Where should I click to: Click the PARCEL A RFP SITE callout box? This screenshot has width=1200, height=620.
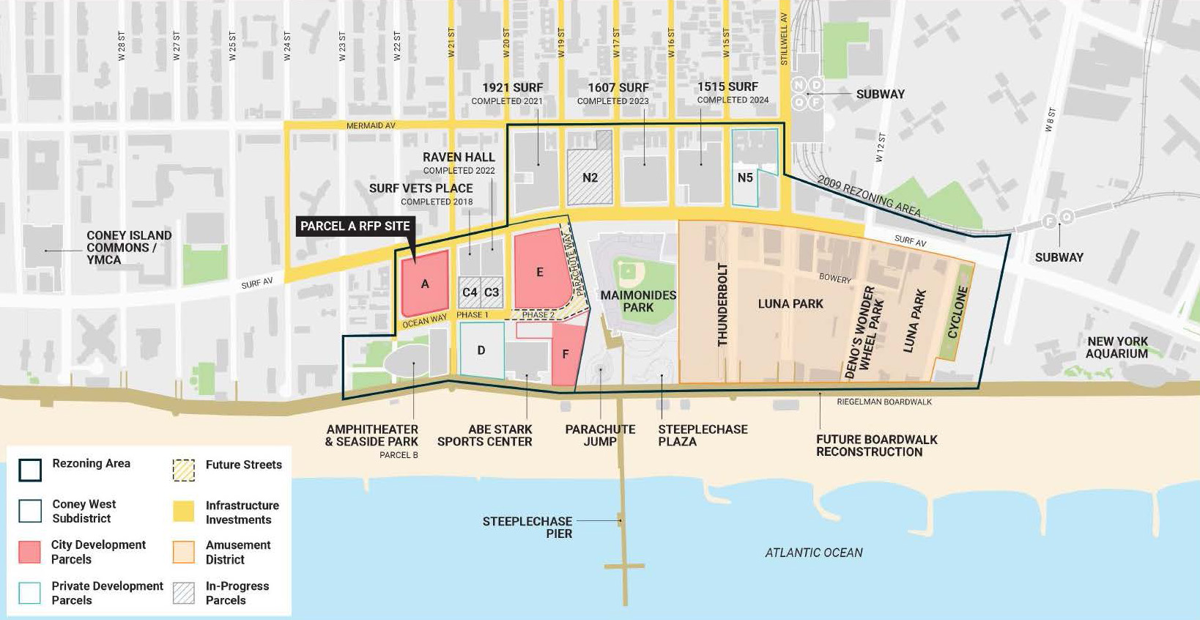(x=355, y=226)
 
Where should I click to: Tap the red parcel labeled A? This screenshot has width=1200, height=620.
(x=425, y=284)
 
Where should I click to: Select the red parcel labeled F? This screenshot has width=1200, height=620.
(x=566, y=355)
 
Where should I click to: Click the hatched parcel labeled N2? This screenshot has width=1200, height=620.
(x=590, y=177)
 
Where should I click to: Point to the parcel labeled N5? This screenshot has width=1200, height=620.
(x=745, y=178)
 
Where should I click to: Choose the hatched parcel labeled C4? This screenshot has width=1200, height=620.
(x=470, y=292)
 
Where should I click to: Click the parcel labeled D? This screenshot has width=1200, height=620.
(x=481, y=350)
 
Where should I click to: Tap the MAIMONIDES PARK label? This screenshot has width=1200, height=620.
(x=638, y=301)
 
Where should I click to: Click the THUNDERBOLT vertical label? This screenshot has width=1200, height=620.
(x=722, y=304)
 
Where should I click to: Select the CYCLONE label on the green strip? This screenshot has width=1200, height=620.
(x=958, y=312)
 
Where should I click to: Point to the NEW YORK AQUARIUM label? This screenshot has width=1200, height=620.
(x=1117, y=347)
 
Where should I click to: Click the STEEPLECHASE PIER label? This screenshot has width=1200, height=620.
(x=527, y=527)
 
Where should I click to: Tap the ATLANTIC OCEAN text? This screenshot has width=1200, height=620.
(x=813, y=553)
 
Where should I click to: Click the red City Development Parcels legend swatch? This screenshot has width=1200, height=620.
(x=29, y=552)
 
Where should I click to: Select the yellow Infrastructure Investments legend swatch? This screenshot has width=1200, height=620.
(x=184, y=512)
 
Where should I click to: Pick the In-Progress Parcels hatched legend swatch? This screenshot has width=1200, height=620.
(x=184, y=592)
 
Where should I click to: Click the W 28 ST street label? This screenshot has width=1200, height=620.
(x=122, y=45)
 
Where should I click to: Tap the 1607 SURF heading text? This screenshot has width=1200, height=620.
(x=618, y=88)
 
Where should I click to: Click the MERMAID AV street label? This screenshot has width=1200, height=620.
(x=371, y=126)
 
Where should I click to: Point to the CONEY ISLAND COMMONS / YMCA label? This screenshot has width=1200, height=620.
(x=129, y=247)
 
